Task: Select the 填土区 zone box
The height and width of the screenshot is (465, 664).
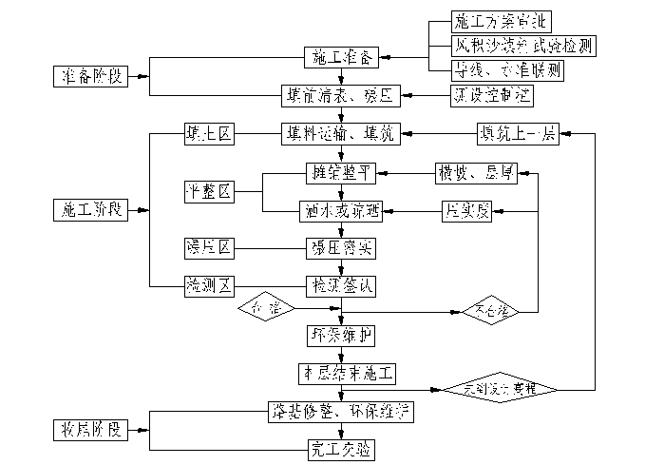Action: pyautogui.click(x=208, y=135)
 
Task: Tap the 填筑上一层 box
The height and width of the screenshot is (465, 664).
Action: pyautogui.click(x=517, y=135)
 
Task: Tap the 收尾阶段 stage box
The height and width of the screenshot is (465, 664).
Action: pyautogui.click(x=86, y=430)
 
